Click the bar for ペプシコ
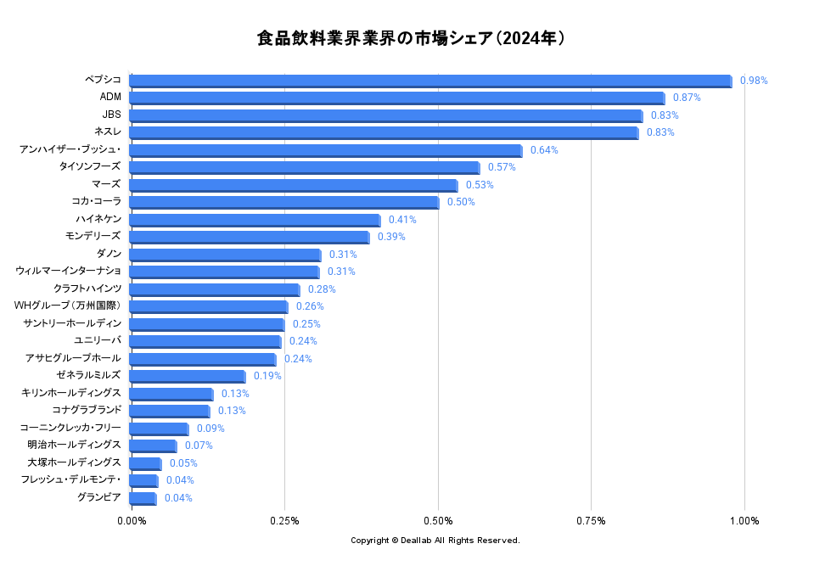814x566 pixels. click(429, 81)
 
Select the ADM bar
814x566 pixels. click(396, 98)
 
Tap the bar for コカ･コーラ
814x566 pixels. click(283, 202)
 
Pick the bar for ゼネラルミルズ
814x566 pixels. click(187, 376)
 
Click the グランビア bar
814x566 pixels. click(143, 498)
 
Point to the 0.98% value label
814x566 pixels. click(754, 81)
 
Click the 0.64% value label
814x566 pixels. click(544, 150)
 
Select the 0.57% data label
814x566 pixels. click(502, 167)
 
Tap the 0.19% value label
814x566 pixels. click(267, 376)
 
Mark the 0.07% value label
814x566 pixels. click(199, 446)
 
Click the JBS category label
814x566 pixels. click(111, 115)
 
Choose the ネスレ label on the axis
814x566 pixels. click(108, 132)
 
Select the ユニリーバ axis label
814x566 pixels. click(98, 341)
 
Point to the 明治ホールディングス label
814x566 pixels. click(74, 446)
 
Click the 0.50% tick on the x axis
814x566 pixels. click(438, 520)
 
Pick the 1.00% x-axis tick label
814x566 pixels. click(744, 520)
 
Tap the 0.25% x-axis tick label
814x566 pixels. click(284, 520)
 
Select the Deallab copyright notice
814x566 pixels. click(435, 541)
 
